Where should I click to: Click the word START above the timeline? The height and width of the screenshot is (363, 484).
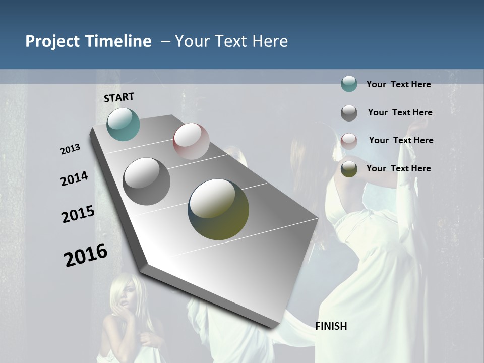click(119, 97)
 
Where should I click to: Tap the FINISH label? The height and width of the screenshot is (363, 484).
click(331, 326)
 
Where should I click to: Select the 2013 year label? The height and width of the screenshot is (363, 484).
click(71, 149)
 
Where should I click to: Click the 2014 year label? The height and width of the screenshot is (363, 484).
click(75, 179)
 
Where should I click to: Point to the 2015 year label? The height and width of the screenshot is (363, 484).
click(78, 214)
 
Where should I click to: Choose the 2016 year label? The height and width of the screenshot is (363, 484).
click(86, 255)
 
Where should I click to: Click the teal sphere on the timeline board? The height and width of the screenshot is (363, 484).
click(123, 124)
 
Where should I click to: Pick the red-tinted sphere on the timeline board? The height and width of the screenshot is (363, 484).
click(191, 141)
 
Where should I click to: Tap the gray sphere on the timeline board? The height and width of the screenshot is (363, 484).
click(147, 181)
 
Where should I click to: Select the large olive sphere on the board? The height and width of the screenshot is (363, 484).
click(218, 209)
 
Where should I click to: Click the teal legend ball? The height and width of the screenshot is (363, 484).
click(349, 84)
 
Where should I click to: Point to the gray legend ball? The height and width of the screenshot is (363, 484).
click(349, 113)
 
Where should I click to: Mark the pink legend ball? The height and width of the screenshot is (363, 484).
click(349, 141)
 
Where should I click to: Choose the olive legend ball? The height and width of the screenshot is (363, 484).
click(349, 169)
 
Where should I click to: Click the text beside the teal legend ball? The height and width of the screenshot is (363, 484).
click(398, 84)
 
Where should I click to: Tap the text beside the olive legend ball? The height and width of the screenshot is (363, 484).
click(398, 168)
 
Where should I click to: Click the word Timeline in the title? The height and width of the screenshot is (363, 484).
click(118, 41)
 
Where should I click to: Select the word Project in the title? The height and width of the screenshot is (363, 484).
click(52, 41)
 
